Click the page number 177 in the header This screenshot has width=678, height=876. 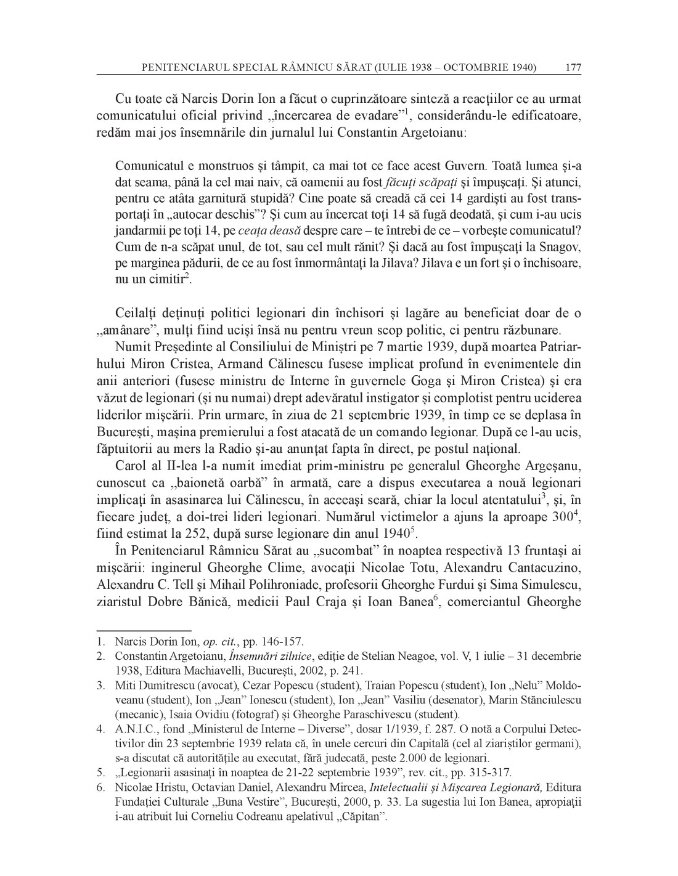573,67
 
